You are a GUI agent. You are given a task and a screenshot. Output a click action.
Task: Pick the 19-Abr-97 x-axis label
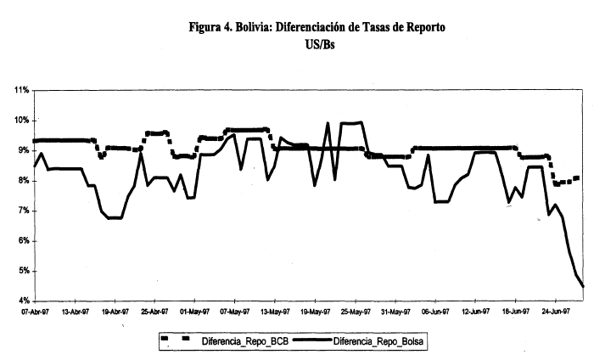coord(115,312)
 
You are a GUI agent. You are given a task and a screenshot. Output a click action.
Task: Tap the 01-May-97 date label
coord(194,312)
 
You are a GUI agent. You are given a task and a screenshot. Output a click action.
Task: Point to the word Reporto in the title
coord(422,27)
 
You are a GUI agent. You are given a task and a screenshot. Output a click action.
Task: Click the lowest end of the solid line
coord(584,287)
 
